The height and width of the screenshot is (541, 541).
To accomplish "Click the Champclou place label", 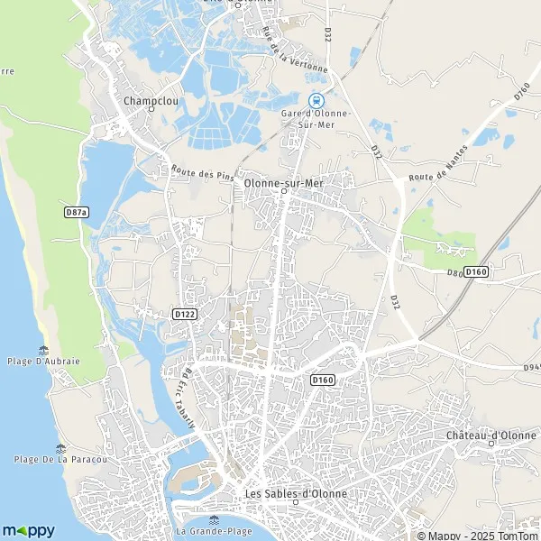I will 148,101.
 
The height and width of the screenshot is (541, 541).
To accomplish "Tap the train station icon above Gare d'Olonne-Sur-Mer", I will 316,101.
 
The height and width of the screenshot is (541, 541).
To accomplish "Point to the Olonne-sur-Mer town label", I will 283,182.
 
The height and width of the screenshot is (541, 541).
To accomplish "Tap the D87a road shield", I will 77,212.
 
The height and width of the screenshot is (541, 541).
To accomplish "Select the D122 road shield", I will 185,314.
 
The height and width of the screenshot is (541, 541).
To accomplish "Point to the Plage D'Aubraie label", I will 44,362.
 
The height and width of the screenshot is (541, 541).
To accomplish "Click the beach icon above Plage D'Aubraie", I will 44,349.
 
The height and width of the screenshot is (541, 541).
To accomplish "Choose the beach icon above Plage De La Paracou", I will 60,447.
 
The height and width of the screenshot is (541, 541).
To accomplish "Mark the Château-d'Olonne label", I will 491,435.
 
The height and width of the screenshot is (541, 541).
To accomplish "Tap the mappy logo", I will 29,530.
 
